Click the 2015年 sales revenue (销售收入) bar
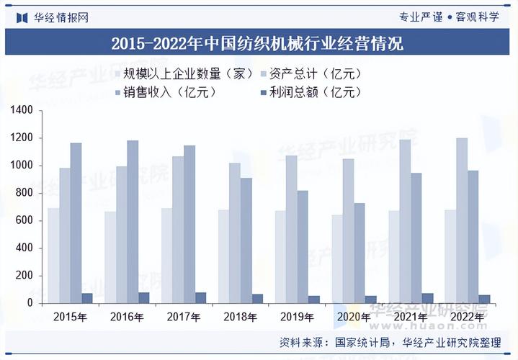[x=76, y=223]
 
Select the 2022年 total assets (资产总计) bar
[x=462, y=220]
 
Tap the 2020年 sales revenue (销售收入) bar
[x=360, y=253]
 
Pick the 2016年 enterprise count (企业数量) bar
[x=110, y=257]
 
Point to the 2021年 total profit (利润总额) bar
[x=427, y=298]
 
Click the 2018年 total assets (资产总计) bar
[x=235, y=233]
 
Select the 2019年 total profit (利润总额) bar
[x=314, y=300]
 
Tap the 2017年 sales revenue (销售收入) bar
[x=189, y=224]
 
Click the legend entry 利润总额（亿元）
[x=311, y=92]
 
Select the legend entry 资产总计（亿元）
[x=311, y=73]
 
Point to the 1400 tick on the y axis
[x=40, y=110]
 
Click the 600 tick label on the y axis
[x=24, y=220]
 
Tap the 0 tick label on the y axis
[x=30, y=303]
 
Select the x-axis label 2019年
[x=297, y=317]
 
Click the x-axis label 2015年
[x=70, y=317]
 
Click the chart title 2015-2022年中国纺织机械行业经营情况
[x=257, y=43]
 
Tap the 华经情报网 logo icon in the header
[x=22, y=17]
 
